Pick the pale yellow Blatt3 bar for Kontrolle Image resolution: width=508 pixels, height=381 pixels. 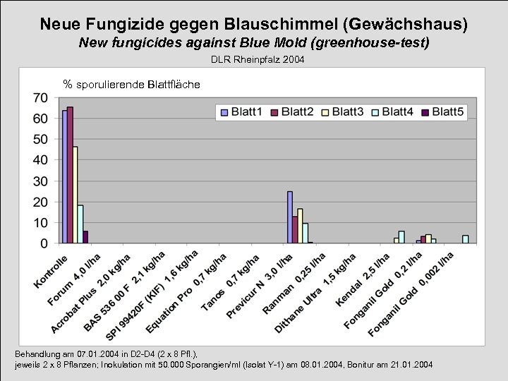point(75,195)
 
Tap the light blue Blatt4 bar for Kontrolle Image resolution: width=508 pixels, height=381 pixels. point(80,224)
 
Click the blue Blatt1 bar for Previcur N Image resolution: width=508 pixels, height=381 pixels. point(289,217)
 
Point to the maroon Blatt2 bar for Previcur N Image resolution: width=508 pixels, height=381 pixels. point(294,229)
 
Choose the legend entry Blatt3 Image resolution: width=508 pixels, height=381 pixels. point(342,111)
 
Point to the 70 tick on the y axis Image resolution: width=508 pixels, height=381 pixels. point(40,97)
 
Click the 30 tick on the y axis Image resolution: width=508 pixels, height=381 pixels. point(40,181)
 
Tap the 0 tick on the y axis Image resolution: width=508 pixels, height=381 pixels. point(44,243)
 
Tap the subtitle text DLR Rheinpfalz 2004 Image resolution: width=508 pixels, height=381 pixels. point(258,60)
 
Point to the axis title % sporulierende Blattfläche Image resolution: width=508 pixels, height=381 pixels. point(131,85)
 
